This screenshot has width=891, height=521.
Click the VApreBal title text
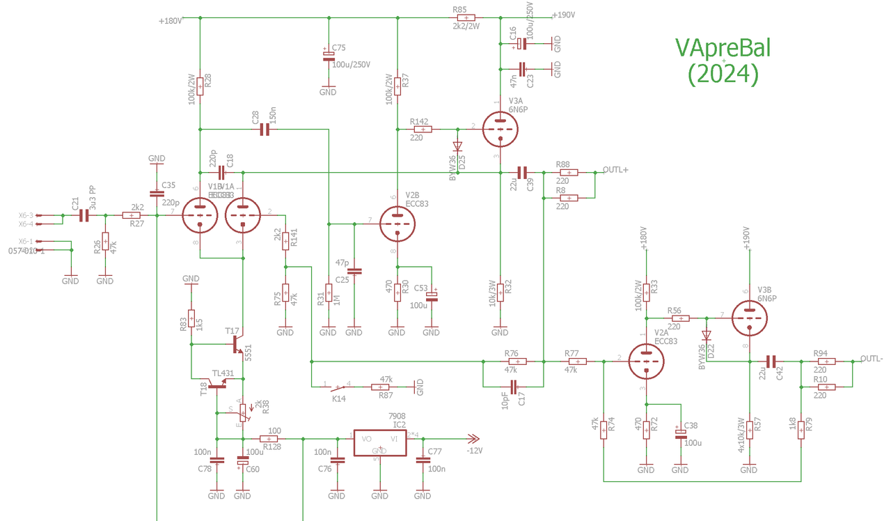coord(723,47)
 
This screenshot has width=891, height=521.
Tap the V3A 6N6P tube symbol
coord(500,129)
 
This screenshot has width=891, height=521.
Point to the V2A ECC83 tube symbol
coord(646,361)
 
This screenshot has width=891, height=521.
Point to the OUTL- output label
coord(872,359)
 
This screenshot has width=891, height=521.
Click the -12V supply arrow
coord(473,439)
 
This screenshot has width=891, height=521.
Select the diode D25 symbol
coord(457,147)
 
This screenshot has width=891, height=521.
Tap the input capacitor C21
coord(84,216)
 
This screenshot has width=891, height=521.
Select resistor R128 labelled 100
coord(269,439)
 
